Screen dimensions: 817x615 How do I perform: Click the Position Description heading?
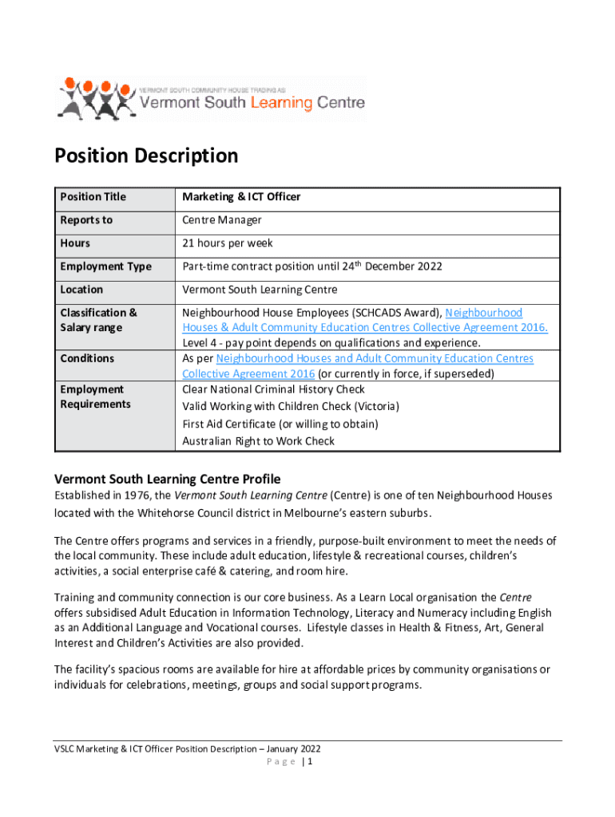(x=146, y=156)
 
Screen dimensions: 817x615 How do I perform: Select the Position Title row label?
(x=93, y=197)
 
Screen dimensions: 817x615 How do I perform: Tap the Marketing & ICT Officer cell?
(x=241, y=197)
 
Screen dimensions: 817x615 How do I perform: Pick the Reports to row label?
(x=86, y=220)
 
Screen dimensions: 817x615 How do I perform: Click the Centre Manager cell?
(x=222, y=220)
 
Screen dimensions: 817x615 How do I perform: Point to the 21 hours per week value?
(x=228, y=243)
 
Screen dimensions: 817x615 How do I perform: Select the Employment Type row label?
(x=105, y=266)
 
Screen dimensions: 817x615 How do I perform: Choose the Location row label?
(x=81, y=290)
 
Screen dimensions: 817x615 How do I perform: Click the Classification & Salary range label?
(x=98, y=320)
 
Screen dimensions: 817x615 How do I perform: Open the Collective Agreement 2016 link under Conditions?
(x=248, y=374)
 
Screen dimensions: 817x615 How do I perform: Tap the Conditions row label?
(x=87, y=359)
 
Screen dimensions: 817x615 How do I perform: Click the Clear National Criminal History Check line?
(x=273, y=389)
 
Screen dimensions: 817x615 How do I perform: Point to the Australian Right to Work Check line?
(x=258, y=441)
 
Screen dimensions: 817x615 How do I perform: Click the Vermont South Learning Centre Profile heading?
(x=167, y=480)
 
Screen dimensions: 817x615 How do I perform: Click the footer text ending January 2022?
(x=187, y=748)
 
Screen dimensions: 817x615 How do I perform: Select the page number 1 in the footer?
(x=309, y=762)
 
